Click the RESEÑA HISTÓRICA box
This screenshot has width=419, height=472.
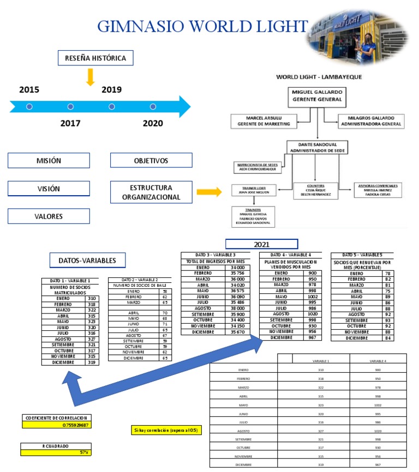95,58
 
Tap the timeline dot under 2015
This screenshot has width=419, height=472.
29,107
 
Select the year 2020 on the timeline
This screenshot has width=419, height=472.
153,123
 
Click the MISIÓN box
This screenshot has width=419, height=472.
49,161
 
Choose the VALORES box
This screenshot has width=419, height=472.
49,216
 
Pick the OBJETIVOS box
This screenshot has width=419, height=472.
151,161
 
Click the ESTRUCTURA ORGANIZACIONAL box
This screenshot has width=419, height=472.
151,192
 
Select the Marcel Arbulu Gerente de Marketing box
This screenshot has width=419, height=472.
264,121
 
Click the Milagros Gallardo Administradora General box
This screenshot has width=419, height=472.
370,121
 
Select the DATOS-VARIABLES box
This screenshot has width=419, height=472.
87,261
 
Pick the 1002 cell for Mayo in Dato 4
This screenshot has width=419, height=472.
313,296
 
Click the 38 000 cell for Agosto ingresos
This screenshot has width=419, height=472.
237,307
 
